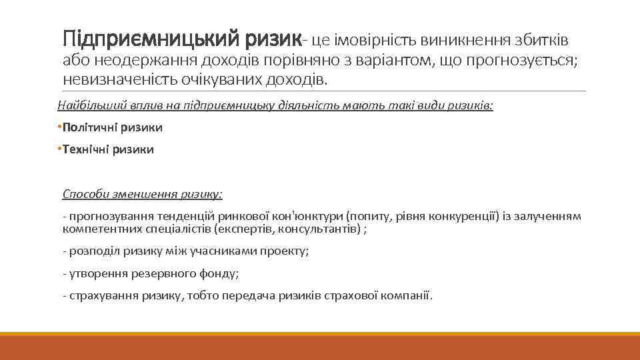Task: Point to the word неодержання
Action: pyautogui.click(x=139, y=61)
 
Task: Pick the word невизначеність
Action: pyautogui.click(x=119, y=81)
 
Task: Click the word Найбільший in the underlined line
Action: pyautogui.click(x=85, y=105)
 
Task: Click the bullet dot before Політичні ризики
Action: pyautogui.click(x=59, y=127)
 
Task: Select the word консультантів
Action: pyautogui.click(x=321, y=229)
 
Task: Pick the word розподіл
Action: pyautogui.click(x=89, y=251)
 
